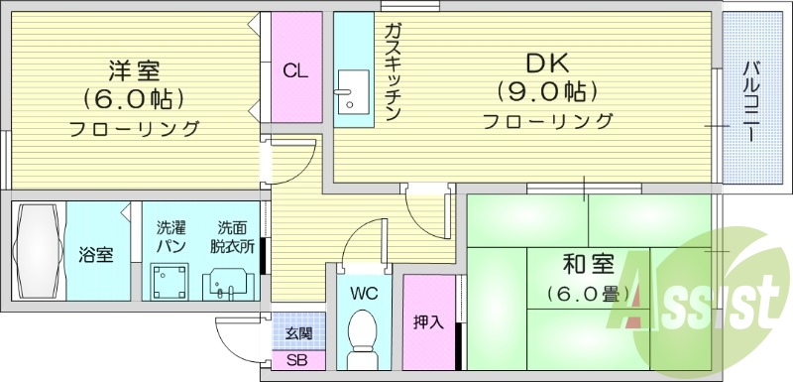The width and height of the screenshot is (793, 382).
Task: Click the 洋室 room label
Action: click(x=136, y=70)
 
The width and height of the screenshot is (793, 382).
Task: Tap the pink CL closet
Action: click(x=294, y=70)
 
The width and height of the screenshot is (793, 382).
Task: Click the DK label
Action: click(x=546, y=64)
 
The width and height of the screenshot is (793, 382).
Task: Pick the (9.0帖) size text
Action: click(x=546, y=93)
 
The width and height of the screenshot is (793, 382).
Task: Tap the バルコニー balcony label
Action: click(x=751, y=98)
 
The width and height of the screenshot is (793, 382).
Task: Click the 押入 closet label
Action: click(x=428, y=322)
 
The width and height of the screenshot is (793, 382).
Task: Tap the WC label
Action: click(x=364, y=294)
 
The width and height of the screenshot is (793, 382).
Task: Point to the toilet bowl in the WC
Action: click(x=363, y=333)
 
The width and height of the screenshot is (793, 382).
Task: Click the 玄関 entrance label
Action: click(x=297, y=333)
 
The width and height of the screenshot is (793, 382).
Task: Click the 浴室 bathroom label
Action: click(x=96, y=255)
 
